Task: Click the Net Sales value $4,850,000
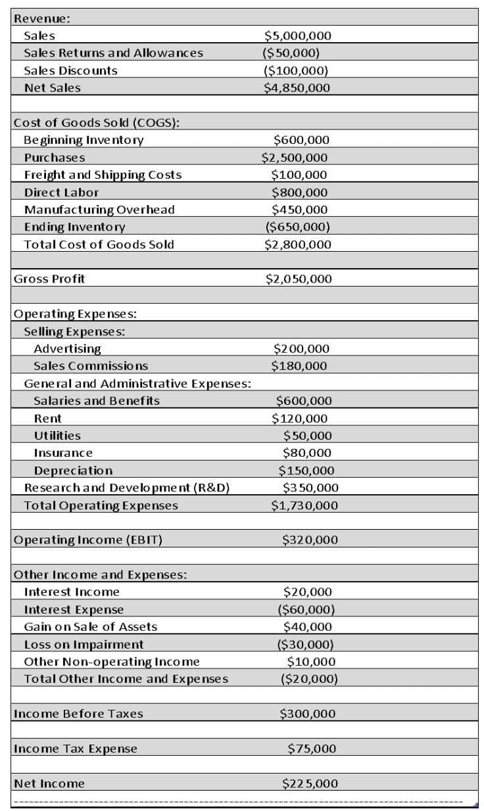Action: point(297,87)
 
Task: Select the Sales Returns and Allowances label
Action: point(113,53)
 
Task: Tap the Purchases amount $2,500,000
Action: point(294,157)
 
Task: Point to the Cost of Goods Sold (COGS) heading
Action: point(97,122)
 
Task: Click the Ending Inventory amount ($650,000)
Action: point(297,227)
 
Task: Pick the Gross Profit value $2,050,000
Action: point(299,279)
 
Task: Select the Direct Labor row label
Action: point(61,192)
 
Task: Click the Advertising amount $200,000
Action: point(301,348)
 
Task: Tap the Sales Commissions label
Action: point(91,365)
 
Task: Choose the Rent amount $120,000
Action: point(300,418)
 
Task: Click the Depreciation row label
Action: point(73,471)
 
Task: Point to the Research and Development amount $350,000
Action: point(310,488)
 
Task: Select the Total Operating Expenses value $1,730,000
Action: point(304,505)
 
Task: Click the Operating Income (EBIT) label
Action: point(88,540)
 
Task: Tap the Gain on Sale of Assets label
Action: point(91,627)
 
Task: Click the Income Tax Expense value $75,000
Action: point(312,748)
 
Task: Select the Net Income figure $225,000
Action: point(310,783)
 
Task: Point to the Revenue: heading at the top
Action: point(42,18)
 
